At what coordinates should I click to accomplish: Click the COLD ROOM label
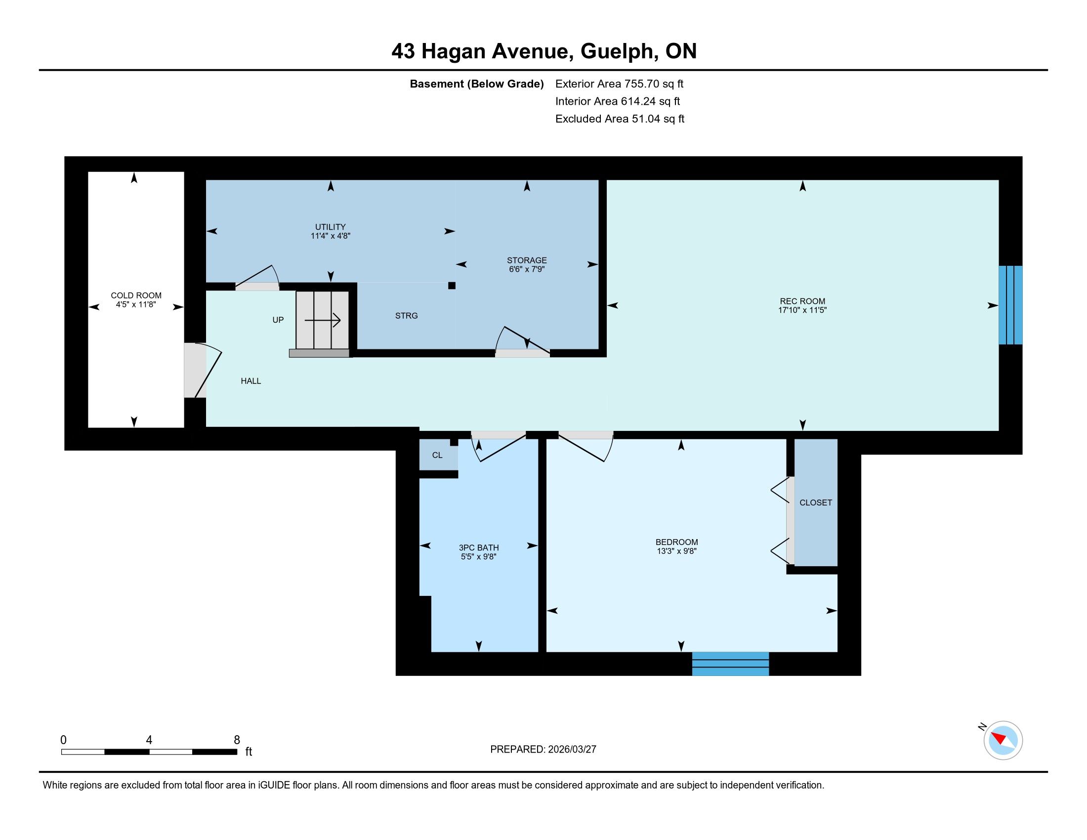(136, 295)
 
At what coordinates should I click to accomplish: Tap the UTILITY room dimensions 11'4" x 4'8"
(331, 236)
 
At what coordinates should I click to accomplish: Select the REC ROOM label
(802, 301)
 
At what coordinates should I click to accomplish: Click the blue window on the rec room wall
(1010, 305)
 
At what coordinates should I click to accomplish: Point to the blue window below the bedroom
(731, 663)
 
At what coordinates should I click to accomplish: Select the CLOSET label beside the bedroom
(816, 503)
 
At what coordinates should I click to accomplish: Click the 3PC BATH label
(479, 548)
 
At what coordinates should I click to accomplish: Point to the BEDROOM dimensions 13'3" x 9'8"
(676, 551)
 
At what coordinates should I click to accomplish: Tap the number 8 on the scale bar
(237, 740)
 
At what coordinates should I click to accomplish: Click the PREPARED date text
(543, 750)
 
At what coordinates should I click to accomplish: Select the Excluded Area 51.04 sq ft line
(620, 119)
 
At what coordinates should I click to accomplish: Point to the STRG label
(406, 316)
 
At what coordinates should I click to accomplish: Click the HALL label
(251, 380)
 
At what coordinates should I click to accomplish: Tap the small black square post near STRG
(452, 286)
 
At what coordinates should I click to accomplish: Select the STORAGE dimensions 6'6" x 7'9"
(527, 269)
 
